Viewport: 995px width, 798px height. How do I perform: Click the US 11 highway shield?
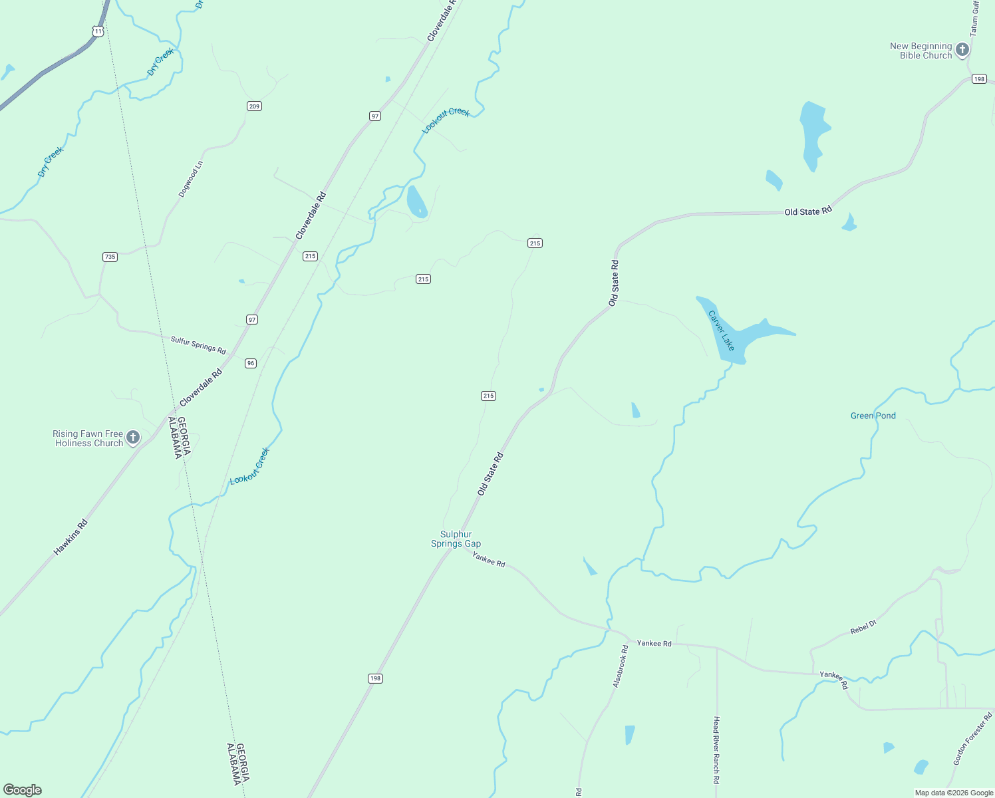pyautogui.click(x=98, y=31)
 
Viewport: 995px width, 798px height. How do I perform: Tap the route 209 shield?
pyautogui.click(x=254, y=106)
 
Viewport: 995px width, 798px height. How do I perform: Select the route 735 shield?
pyautogui.click(x=110, y=257)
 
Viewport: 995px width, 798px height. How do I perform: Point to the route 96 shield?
pyautogui.click(x=250, y=363)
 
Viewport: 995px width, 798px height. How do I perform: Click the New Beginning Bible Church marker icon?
pyautogui.click(x=962, y=50)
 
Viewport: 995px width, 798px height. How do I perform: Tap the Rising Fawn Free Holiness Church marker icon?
pyautogui.click(x=133, y=438)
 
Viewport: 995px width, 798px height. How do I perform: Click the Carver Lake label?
pyautogui.click(x=722, y=331)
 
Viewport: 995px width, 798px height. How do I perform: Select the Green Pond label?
pyautogui.click(x=873, y=416)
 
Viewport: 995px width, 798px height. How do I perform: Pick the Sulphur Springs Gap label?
pyautogui.click(x=456, y=539)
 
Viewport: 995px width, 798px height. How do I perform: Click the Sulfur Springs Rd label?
pyautogui.click(x=198, y=345)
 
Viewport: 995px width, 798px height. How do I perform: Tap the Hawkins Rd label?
pyautogui.click(x=71, y=537)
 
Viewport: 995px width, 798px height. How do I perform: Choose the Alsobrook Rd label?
pyautogui.click(x=620, y=666)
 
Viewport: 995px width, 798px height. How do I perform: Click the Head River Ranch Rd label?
pyautogui.click(x=716, y=750)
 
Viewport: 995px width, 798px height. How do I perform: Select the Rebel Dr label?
pyautogui.click(x=863, y=627)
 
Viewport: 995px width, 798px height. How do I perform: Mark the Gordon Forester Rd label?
pyautogui.click(x=972, y=739)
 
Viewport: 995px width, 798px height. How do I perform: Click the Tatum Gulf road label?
pyautogui.click(x=974, y=18)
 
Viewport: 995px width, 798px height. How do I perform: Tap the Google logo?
pyautogui.click(x=23, y=790)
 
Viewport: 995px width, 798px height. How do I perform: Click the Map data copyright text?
pyautogui.click(x=954, y=793)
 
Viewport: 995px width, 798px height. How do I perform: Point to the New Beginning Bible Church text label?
pyautogui.click(x=921, y=51)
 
